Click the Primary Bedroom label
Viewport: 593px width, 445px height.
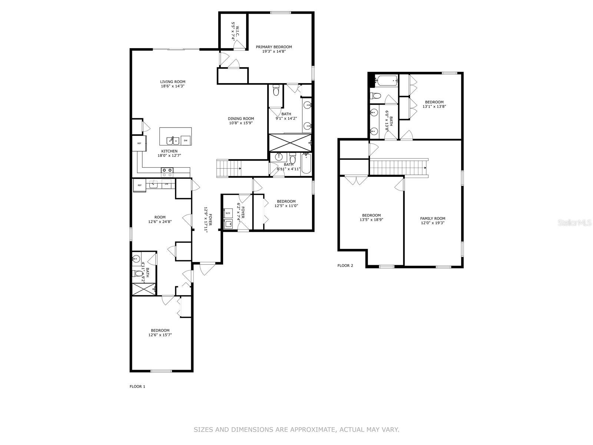click(x=274, y=47)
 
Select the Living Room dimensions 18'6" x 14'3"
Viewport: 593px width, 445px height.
click(x=173, y=86)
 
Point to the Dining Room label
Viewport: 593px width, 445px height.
click(x=241, y=119)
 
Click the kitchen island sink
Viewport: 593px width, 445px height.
click(x=173, y=141)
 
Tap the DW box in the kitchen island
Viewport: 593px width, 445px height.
click(x=186, y=141)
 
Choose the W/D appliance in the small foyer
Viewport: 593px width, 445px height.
click(x=228, y=213)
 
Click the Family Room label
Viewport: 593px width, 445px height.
click(x=433, y=218)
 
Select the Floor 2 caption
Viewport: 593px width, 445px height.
click(x=345, y=266)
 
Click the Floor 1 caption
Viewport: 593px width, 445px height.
click(x=137, y=387)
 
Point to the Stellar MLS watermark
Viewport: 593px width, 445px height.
click(x=574, y=223)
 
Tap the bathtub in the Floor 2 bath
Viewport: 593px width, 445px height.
click(x=387, y=80)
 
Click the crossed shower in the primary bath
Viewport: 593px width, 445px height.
click(x=290, y=143)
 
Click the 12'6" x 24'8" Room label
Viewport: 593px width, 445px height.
click(x=160, y=217)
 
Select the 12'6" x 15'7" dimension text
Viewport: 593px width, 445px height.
click(x=160, y=335)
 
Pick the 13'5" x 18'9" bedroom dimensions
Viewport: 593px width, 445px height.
click(x=371, y=220)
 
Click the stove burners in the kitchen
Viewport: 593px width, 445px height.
click(x=167, y=170)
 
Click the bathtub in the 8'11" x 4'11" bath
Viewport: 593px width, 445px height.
click(x=306, y=164)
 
